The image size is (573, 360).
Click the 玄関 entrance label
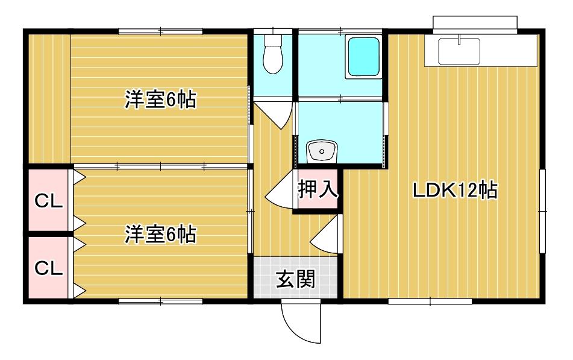tap(295, 279)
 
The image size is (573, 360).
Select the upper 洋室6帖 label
tap(160, 99)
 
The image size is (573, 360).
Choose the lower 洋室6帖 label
tap(160, 235)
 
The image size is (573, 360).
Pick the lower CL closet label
tap(48, 268)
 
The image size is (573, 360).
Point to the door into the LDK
tap(325, 235)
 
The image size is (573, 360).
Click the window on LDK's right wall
tap(542, 210)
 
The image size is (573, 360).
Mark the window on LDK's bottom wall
tap(430, 300)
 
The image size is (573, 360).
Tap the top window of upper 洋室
tap(160, 30)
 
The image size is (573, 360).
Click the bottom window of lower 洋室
tap(160, 300)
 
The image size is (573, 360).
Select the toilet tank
tap(273, 40)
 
